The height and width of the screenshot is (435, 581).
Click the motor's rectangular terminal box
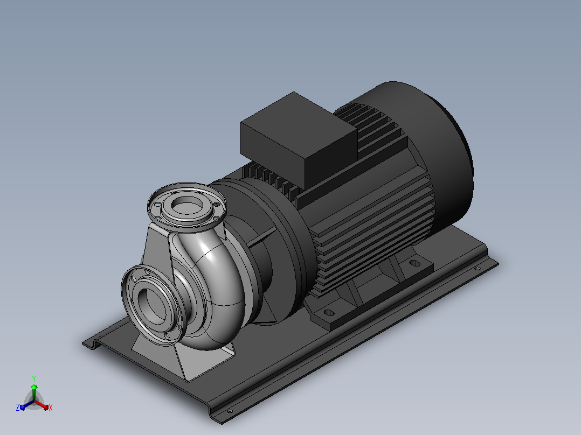299,139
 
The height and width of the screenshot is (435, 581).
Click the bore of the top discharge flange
187,206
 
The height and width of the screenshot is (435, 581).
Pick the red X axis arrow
42,404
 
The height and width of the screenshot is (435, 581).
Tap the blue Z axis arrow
27,405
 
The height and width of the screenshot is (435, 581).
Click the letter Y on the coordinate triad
34,379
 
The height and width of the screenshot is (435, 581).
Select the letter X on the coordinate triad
51,408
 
